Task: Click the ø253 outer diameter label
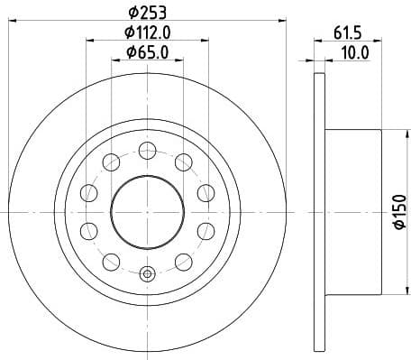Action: pos(149,13)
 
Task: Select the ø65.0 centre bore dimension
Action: pos(149,51)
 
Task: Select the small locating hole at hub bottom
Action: pos(147,271)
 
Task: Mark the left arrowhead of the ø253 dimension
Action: pos(13,21)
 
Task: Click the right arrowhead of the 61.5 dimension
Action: pos(383,41)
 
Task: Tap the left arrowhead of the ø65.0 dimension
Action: pos(114,60)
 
